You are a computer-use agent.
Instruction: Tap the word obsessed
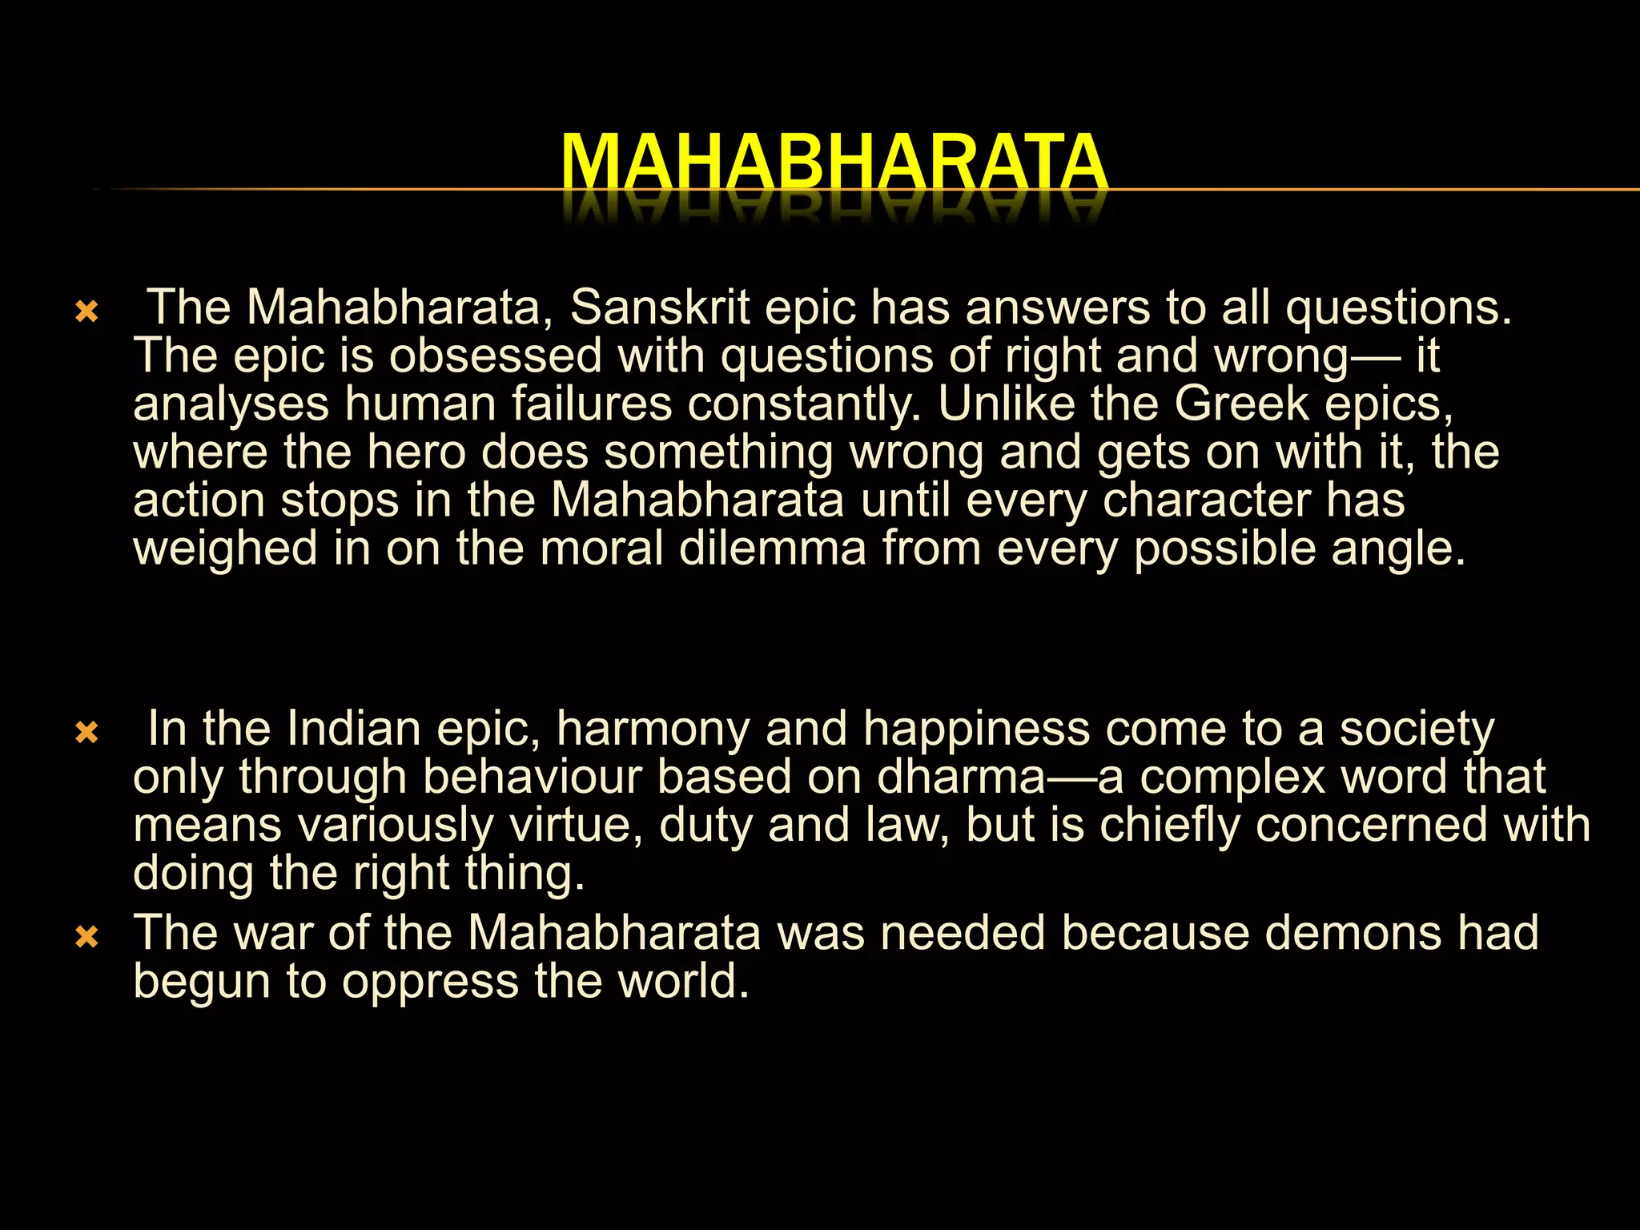tap(495, 356)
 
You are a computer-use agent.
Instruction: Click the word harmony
tap(653, 730)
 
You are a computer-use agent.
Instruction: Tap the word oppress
tap(431, 983)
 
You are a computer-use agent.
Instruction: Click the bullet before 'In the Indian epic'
tap(86, 732)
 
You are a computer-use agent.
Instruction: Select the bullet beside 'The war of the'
tap(86, 936)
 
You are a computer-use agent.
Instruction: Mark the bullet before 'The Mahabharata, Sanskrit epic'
tap(86, 311)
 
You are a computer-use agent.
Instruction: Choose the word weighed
tap(225, 549)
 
